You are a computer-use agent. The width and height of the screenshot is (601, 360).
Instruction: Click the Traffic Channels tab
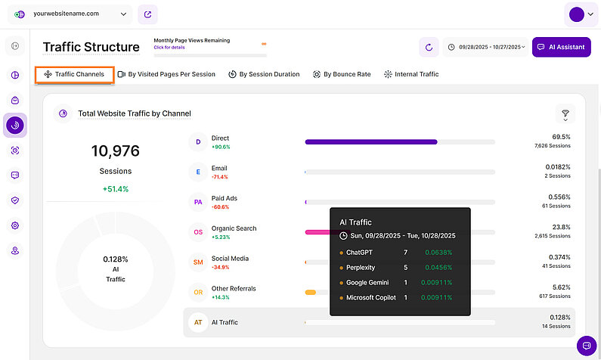(74, 74)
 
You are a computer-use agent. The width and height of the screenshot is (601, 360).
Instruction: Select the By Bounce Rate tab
(342, 74)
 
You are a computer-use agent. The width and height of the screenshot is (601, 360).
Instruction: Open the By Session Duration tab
(264, 74)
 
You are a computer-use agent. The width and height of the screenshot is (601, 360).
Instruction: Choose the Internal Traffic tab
(411, 74)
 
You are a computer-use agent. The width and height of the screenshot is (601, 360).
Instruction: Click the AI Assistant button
(561, 47)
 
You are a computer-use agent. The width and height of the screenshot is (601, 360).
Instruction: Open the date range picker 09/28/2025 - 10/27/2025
(485, 47)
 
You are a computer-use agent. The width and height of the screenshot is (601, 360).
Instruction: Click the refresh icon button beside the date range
(429, 47)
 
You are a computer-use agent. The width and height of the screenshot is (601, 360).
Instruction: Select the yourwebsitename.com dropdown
(72, 14)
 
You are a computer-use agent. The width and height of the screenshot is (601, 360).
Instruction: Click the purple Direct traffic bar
(370, 141)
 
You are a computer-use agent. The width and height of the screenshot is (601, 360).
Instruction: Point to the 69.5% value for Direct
(561, 137)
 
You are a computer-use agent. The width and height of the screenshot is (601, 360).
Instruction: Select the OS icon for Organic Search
(198, 232)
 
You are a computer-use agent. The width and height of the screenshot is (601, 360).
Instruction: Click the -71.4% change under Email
(220, 176)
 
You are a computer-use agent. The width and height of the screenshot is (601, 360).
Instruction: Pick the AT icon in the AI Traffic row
(198, 322)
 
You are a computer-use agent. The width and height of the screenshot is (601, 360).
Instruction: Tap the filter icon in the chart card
(565, 113)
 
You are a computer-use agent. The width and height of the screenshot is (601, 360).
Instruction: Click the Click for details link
(169, 47)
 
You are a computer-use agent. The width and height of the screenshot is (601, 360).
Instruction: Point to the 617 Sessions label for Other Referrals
(556, 296)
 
